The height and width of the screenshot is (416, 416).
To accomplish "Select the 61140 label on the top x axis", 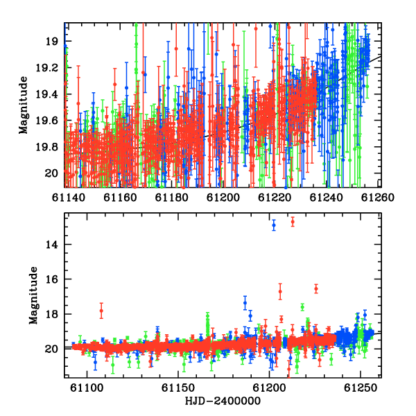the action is tap(68, 198).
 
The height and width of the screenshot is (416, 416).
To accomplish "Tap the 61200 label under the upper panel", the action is tap(223, 198).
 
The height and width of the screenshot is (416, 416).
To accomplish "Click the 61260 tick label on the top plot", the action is tap(378, 198).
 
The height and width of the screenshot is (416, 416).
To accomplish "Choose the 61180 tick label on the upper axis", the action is tap(171, 198).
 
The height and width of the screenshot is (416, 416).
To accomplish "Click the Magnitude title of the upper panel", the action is tap(24, 105).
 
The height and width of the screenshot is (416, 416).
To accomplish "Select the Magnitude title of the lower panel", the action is tap(33, 295).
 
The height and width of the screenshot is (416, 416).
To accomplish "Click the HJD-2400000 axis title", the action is tap(223, 401).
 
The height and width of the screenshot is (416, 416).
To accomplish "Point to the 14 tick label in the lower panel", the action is tap(51, 245).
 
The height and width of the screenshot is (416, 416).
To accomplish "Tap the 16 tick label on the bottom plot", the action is tap(51, 279).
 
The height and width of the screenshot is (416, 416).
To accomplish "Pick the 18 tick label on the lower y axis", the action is tap(51, 314).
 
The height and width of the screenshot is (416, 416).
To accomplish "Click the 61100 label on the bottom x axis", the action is tap(87, 388).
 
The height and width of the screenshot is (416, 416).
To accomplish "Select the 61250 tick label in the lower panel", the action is tap(361, 388).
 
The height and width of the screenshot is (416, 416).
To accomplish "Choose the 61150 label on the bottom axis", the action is tap(177, 388).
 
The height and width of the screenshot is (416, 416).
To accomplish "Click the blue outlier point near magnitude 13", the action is tap(274, 225).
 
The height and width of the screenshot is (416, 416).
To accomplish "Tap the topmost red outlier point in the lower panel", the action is tap(293, 222).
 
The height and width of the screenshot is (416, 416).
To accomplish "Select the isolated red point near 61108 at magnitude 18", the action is tap(101, 311).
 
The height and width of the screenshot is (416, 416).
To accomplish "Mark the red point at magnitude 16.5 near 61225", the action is tap(316, 288).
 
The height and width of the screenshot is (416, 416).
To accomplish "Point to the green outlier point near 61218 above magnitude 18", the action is tap(302, 307).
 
